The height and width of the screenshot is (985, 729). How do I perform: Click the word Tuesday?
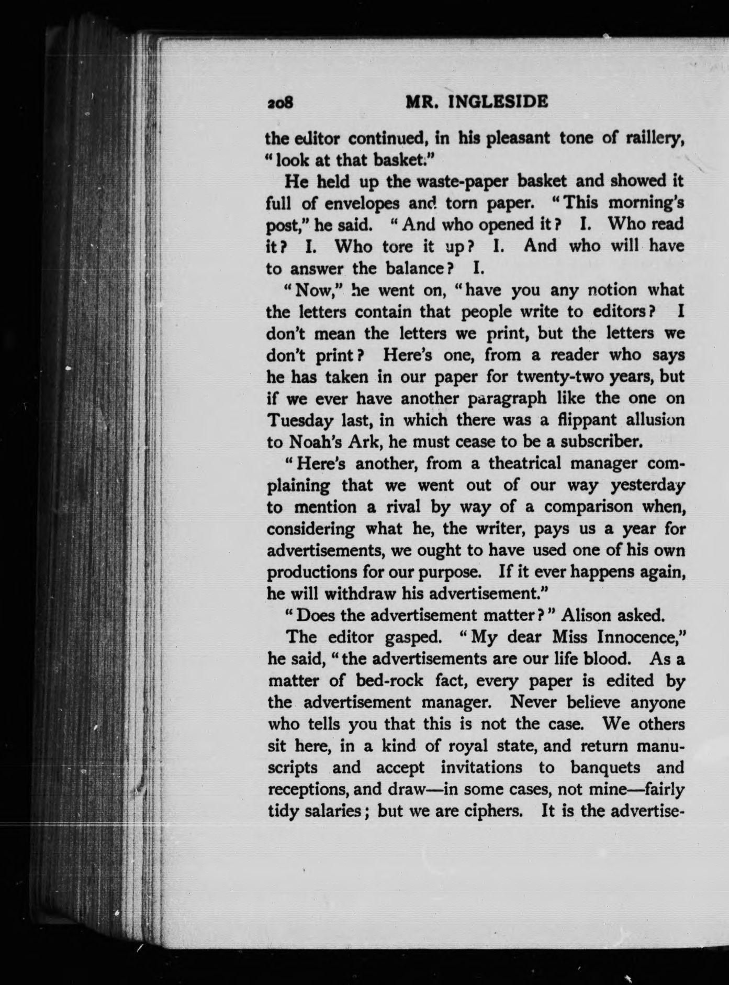(299, 420)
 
